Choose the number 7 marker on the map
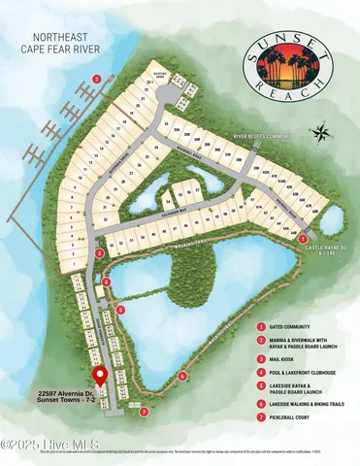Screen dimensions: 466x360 [144, 412]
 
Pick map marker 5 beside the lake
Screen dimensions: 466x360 [121, 310]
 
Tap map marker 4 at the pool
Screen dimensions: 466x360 [106, 282]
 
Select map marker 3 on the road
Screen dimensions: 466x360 [100, 252]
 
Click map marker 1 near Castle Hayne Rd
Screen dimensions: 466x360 [304, 237]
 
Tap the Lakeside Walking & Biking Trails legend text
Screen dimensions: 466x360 [311, 402]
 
